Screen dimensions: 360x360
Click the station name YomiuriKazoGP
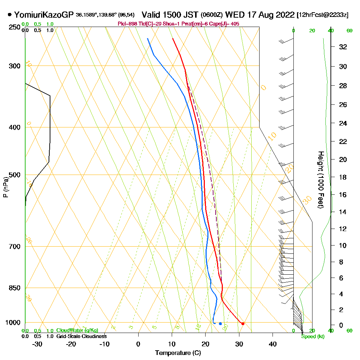(x=44, y=15)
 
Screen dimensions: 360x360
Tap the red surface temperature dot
(x=243, y=324)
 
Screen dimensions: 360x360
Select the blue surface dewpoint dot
(x=220, y=324)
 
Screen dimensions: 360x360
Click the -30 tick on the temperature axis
(x=37, y=344)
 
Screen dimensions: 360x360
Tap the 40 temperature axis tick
(x=273, y=344)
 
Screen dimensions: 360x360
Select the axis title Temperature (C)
(x=178, y=353)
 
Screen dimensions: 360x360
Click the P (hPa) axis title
(x=5, y=187)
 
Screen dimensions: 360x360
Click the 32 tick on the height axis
(x=343, y=47)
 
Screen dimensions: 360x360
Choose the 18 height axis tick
(x=343, y=177)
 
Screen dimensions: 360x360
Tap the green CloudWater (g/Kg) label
(x=77, y=330)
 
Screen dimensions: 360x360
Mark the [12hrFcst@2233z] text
(x=322, y=15)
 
